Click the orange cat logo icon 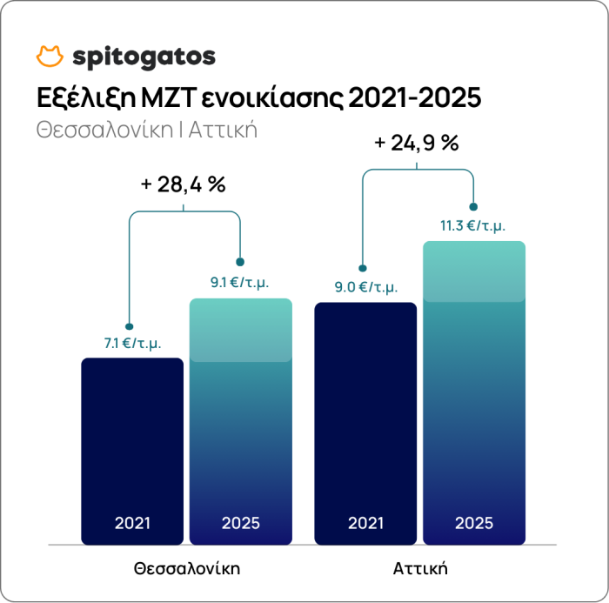click(50, 57)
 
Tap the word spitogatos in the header click(144, 57)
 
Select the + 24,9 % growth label click(416, 143)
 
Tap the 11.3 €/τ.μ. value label click(472, 225)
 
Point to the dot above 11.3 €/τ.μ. click(473, 207)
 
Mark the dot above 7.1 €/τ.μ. click(129, 327)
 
